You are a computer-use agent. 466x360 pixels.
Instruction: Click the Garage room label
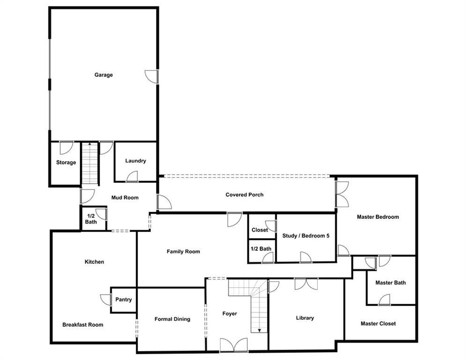[104, 75]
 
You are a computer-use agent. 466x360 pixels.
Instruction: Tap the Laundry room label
[135, 161]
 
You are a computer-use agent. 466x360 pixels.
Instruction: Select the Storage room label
[66, 163]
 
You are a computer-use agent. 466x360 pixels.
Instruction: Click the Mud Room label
[125, 197]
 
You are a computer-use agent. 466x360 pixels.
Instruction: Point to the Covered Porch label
[244, 195]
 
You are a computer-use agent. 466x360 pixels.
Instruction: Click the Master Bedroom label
[378, 217]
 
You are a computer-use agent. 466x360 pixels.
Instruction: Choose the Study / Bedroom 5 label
[306, 236]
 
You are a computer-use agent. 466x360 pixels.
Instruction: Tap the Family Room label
[183, 251]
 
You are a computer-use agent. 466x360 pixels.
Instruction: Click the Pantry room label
[123, 300]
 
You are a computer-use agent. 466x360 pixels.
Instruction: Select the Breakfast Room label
[82, 324]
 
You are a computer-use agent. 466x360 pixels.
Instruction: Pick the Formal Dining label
[172, 319]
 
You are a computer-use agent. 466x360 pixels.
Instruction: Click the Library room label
[305, 318]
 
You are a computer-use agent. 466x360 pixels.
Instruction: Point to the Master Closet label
[378, 323]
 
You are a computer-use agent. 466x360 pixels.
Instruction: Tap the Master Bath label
[391, 283]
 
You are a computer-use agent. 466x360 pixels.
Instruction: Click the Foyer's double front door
[234, 345]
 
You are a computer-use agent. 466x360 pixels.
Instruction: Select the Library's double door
[306, 284]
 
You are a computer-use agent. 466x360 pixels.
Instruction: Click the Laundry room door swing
[132, 176]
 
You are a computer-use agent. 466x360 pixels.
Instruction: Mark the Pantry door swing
[105, 300]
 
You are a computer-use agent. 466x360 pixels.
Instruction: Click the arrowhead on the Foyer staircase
[259, 330]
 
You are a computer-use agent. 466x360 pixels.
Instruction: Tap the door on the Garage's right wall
[152, 77]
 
